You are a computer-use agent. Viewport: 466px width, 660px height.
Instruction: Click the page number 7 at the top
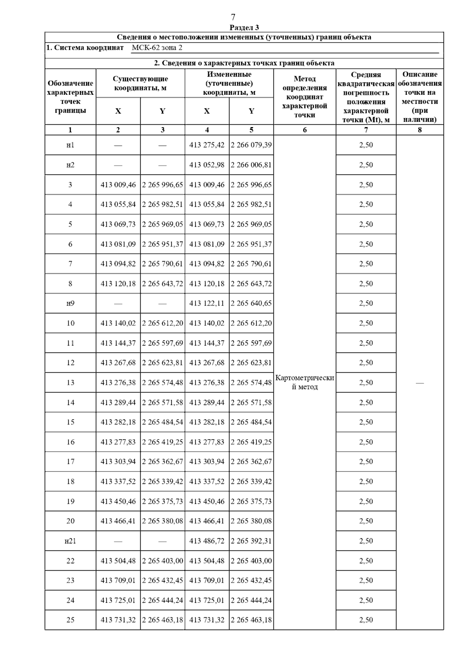[233, 17]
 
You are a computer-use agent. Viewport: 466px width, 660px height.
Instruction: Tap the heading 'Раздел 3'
[244, 27]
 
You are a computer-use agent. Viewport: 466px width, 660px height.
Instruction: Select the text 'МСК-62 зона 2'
[157, 48]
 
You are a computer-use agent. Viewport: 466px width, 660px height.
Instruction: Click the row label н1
[70, 145]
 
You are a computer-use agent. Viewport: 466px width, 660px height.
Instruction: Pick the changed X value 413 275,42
[207, 145]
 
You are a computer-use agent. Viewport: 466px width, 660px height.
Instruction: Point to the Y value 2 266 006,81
[251, 165]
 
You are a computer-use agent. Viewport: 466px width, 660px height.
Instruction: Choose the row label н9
[70, 303]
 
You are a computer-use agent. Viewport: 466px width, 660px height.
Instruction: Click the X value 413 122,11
[207, 303]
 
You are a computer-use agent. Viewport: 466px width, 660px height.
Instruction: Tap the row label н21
[70, 541]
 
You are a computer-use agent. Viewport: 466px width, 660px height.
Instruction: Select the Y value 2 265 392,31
[251, 541]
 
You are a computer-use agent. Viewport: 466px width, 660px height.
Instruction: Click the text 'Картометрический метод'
[305, 382]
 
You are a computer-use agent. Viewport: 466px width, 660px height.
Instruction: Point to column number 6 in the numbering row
[305, 130]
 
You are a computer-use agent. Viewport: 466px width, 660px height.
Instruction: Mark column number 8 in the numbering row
[420, 130]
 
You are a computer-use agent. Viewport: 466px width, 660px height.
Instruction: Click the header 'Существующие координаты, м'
[140, 83]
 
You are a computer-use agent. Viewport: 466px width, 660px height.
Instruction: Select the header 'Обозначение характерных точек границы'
[70, 97]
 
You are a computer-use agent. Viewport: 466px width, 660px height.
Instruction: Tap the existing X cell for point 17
[118, 461]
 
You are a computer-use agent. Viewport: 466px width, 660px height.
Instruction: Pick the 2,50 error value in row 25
[366, 620]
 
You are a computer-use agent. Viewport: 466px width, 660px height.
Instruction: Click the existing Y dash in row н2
[162, 165]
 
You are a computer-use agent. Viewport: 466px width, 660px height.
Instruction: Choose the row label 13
[70, 382]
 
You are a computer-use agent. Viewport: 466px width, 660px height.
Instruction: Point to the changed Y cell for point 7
[251, 264]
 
